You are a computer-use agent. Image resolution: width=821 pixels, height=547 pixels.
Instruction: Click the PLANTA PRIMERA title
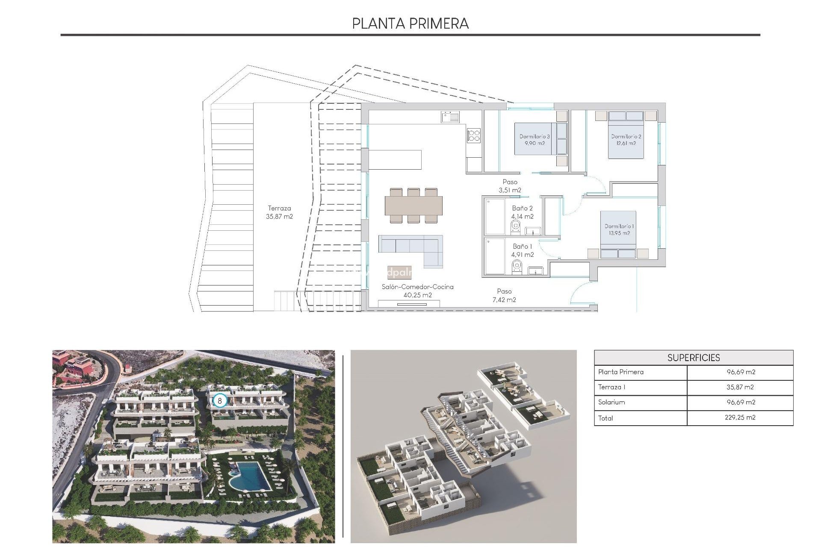click(410, 24)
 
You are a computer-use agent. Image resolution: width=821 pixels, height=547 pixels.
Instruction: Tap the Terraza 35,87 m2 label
click(279, 212)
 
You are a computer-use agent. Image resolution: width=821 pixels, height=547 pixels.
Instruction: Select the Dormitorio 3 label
click(535, 140)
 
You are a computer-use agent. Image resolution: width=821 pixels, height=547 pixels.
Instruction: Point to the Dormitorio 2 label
click(626, 140)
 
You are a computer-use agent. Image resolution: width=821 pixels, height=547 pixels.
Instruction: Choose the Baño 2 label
click(522, 212)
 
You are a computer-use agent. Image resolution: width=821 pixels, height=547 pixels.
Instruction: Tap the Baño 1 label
click(522, 250)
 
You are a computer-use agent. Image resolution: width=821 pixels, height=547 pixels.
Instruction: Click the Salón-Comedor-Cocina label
click(417, 291)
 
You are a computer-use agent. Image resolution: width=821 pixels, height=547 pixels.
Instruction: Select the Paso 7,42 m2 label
click(504, 295)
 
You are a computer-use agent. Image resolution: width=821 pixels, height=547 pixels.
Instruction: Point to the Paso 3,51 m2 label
click(510, 186)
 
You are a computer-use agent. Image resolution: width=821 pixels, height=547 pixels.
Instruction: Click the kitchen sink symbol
click(450, 117)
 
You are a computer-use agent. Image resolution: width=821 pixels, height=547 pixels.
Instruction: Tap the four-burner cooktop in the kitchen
click(474, 135)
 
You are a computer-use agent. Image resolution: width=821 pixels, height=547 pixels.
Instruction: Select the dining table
click(413, 206)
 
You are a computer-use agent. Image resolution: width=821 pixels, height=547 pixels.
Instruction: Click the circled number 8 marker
click(220, 401)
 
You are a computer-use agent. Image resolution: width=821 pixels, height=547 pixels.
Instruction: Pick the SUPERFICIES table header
click(693, 358)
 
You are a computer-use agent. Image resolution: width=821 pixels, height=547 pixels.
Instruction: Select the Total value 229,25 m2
click(740, 418)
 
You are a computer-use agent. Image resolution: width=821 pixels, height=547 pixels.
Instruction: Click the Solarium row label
click(611, 402)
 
